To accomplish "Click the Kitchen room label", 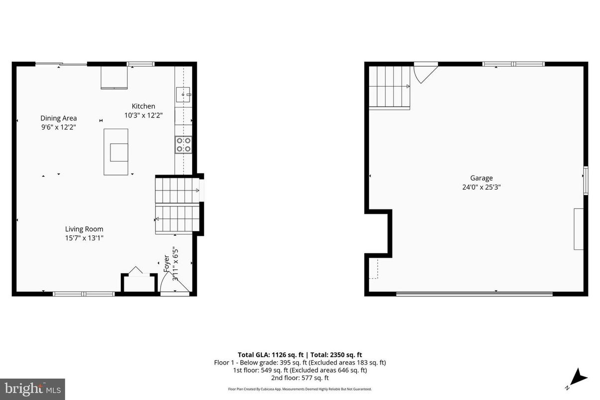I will point(143,106).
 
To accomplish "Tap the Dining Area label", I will point(59,118).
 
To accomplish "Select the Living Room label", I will point(84,229).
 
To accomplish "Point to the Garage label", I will point(481,178).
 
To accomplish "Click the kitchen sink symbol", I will point(183,94).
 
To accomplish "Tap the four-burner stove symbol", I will point(183,144).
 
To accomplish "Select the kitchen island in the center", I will point(115,152).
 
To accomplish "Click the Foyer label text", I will point(167,264).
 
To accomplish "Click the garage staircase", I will point(389,87).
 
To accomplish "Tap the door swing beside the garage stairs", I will point(425,73).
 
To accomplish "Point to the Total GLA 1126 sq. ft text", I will point(272,355).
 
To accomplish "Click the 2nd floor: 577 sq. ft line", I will point(300,378).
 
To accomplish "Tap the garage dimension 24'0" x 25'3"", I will point(481,188).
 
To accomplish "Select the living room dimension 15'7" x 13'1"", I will point(84,238).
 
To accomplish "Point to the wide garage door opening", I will point(474,294).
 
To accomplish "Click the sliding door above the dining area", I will point(61,64).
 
